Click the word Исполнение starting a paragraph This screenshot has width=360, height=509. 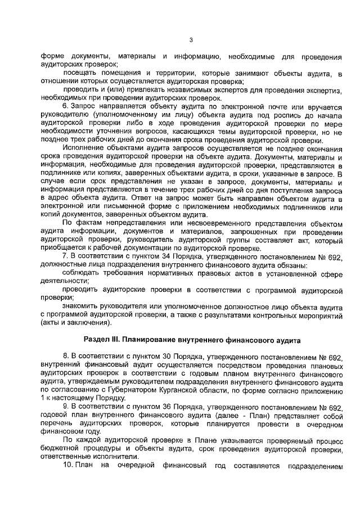click(x=83, y=148)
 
